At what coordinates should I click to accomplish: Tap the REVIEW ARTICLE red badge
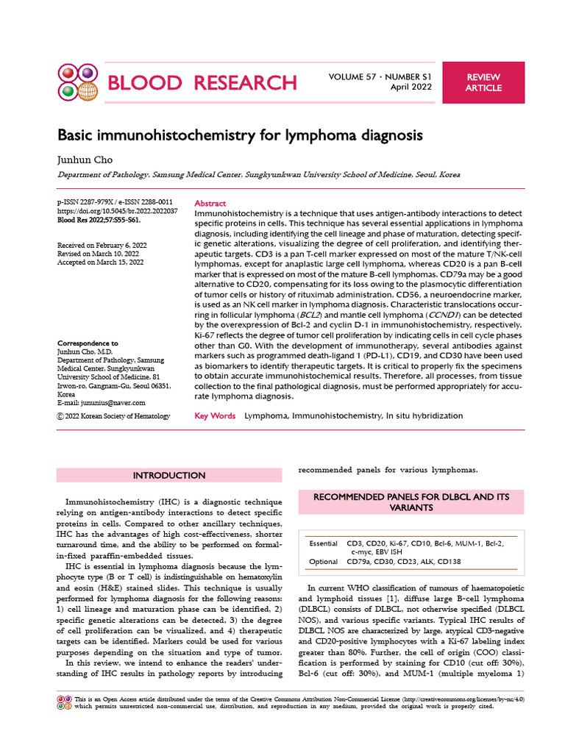pos(483,82)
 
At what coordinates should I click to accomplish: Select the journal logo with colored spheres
pos(77,82)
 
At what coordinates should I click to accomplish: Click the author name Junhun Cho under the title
pos(82,158)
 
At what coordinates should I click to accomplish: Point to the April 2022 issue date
pos(411,88)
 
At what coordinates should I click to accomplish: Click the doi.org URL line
pos(117,211)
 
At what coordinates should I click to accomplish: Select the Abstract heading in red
pos(210,203)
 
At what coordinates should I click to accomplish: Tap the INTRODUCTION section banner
pos(169,476)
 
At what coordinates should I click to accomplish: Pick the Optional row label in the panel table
pos(324,561)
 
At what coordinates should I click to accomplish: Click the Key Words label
pos(215,415)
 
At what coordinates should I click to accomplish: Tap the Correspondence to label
pos(88,343)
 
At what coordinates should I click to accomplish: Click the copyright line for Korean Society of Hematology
pos(113,416)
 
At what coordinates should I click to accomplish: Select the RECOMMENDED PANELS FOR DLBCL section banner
pos(411,502)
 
